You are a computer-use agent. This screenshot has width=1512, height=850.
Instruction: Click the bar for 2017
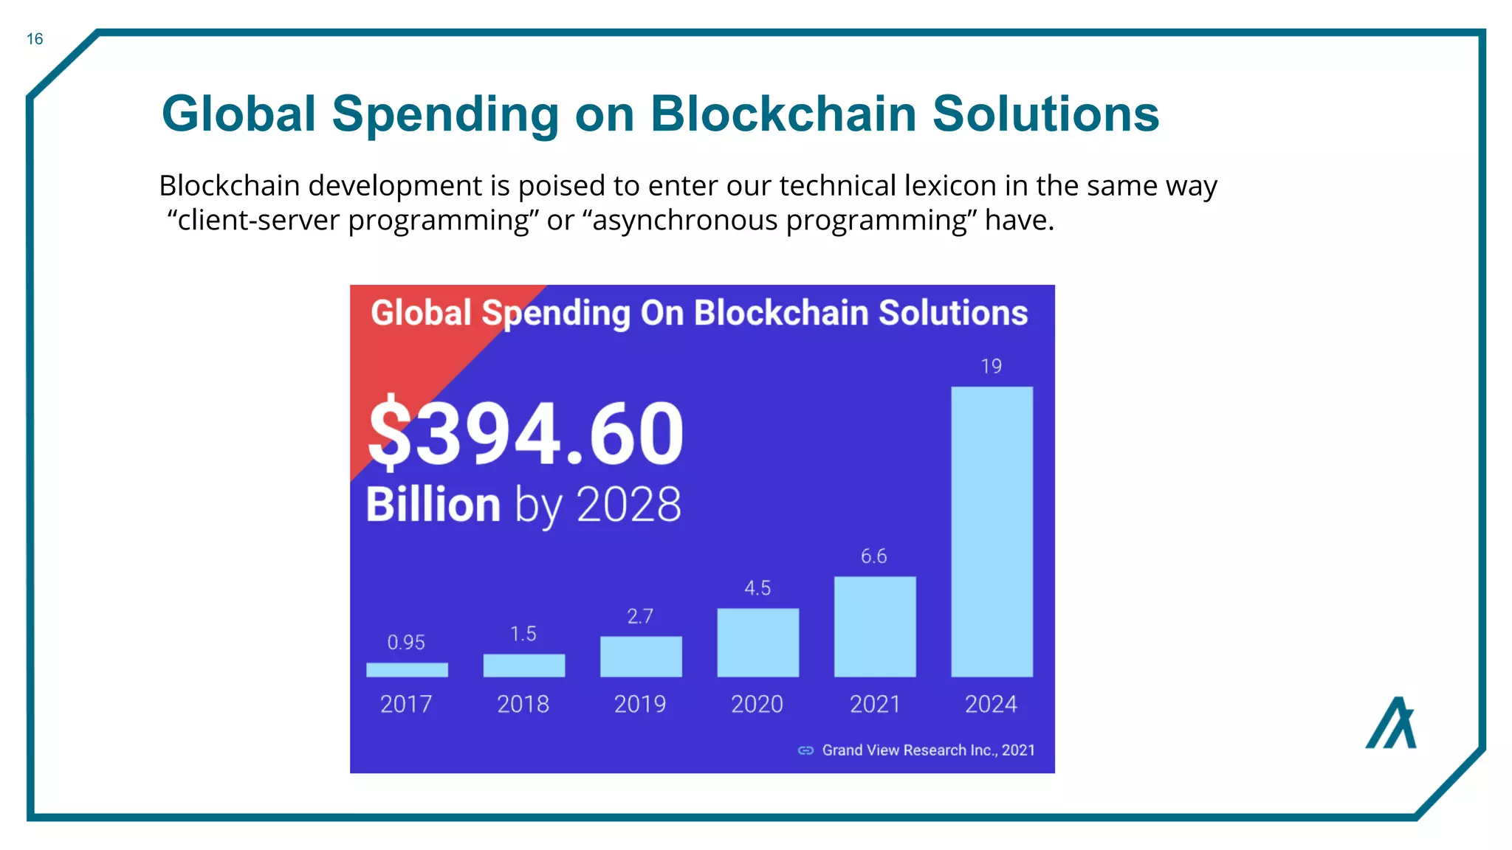pyautogui.click(x=407, y=669)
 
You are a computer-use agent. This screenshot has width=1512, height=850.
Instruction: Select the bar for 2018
pyautogui.click(x=524, y=665)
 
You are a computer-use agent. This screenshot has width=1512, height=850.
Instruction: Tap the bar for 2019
pyautogui.click(x=641, y=656)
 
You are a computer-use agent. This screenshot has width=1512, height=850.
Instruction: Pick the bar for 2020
pyautogui.click(x=757, y=642)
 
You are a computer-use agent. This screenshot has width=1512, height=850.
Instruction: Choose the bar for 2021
pyautogui.click(x=875, y=626)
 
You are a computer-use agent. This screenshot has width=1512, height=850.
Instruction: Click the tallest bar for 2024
pyautogui.click(x=992, y=531)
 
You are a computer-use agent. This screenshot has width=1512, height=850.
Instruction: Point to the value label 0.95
pyautogui.click(x=406, y=643)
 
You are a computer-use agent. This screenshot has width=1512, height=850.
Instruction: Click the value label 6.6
pyautogui.click(x=874, y=556)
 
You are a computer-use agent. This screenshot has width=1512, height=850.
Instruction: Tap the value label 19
pyautogui.click(x=992, y=367)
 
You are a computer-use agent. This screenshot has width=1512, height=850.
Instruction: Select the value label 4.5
pyautogui.click(x=757, y=588)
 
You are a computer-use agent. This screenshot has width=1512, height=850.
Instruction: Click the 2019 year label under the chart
pyautogui.click(x=640, y=705)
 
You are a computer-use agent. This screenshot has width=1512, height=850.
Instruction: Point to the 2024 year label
pyautogui.click(x=991, y=705)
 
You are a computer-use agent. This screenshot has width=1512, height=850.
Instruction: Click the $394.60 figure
pyautogui.click(x=526, y=433)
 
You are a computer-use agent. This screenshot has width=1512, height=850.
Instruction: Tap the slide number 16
pyautogui.click(x=35, y=39)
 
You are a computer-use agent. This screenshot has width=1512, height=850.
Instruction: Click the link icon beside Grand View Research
pyautogui.click(x=805, y=750)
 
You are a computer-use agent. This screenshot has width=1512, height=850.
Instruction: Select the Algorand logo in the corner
pyautogui.click(x=1392, y=724)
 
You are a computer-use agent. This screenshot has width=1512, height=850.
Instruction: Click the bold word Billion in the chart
pyautogui.click(x=433, y=505)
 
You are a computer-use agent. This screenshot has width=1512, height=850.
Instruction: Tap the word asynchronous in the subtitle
pyautogui.click(x=684, y=220)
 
